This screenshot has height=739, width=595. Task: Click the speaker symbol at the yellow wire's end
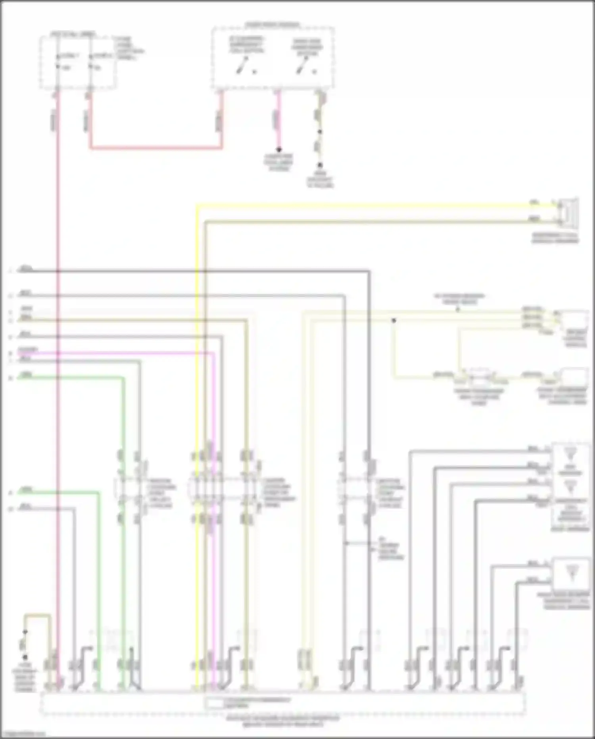click(568, 211)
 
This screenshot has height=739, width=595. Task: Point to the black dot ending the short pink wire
click(279, 150)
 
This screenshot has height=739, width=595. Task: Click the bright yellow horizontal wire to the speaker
click(357, 205)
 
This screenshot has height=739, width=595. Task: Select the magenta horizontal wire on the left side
click(119, 353)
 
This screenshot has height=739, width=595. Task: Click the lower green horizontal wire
click(59, 492)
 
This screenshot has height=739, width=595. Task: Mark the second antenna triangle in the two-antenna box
click(570, 485)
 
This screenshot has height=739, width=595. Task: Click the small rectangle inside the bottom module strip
click(214, 704)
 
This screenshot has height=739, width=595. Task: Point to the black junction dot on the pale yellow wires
click(394, 320)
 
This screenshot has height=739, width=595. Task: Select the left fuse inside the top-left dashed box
click(58, 62)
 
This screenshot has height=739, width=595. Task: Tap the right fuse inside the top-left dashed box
click(90, 62)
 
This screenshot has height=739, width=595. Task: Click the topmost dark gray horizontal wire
click(198, 271)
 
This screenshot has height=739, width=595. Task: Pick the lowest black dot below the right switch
click(320, 165)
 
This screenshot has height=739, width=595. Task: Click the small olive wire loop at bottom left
click(38, 616)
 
